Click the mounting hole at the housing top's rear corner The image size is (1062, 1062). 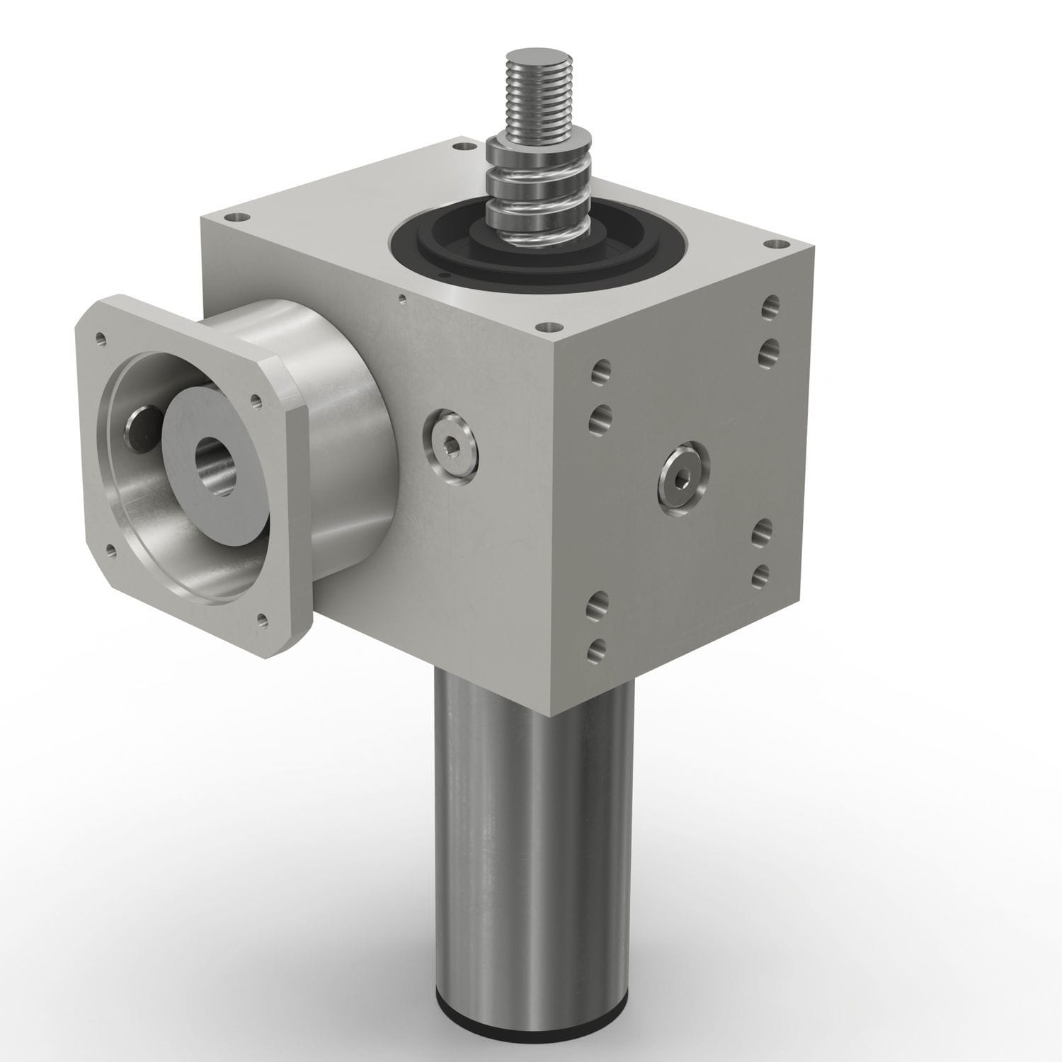(x=464, y=147)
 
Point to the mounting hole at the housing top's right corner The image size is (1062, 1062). (x=768, y=245)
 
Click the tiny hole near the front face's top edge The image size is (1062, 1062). (x=402, y=297)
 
